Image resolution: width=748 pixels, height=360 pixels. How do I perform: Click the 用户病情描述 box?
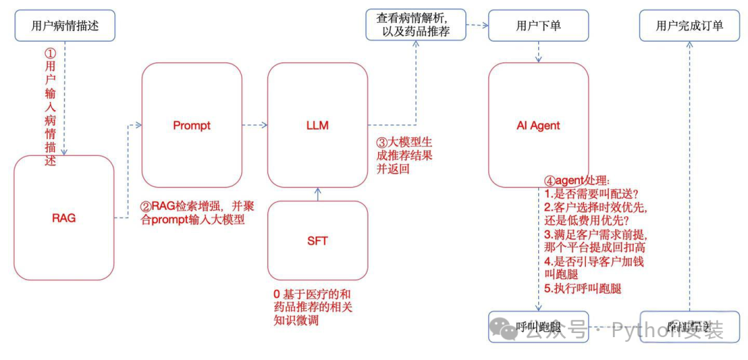click(64, 26)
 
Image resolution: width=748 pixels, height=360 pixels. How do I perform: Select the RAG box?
click(64, 217)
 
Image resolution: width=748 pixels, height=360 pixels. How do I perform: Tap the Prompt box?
click(191, 125)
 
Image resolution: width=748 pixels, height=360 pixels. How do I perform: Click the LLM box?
click(317, 125)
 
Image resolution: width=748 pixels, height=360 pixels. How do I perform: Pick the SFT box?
click(317, 241)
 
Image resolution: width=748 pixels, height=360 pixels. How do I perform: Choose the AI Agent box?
click(538, 125)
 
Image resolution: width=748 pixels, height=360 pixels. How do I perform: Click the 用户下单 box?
click(538, 26)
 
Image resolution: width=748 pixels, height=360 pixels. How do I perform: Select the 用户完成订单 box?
click(689, 26)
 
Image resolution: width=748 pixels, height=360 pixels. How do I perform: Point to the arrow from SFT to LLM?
click(317, 194)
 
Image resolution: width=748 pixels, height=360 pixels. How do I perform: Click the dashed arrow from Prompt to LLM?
click(254, 125)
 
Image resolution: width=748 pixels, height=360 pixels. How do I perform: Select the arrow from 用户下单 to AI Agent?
click(538, 52)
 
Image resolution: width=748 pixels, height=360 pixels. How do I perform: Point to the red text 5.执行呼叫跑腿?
click(583, 288)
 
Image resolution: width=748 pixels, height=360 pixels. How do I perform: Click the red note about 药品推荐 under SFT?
click(313, 307)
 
